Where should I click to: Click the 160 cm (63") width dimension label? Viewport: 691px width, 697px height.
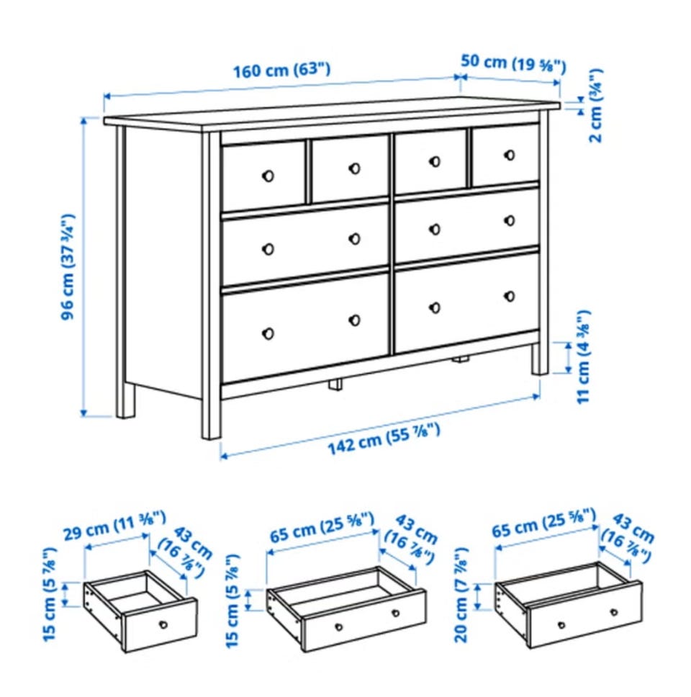(281, 71)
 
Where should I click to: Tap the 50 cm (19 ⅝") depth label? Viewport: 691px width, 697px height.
(514, 63)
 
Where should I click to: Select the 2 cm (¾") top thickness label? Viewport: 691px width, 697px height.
(596, 106)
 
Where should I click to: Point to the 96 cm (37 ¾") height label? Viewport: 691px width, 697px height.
(68, 267)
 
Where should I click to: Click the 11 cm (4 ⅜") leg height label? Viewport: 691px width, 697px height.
(584, 356)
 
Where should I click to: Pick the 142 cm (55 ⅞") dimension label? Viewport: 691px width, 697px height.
(384, 440)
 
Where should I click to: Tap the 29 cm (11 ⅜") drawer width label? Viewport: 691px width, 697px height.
(114, 525)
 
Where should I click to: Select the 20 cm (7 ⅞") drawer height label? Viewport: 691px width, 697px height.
(461, 595)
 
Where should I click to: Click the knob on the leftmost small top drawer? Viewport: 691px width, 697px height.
(268, 176)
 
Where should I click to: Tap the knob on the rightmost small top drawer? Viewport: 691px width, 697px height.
(510, 155)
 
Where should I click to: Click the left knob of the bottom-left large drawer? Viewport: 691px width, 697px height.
(268, 333)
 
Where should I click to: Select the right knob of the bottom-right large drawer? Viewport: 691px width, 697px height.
(510, 296)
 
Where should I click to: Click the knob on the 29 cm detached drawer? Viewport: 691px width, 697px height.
(163, 624)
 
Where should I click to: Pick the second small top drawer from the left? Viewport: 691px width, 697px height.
(350, 168)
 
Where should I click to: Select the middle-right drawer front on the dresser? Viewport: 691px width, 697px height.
(466, 225)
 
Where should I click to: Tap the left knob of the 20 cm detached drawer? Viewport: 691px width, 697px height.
(561, 625)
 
